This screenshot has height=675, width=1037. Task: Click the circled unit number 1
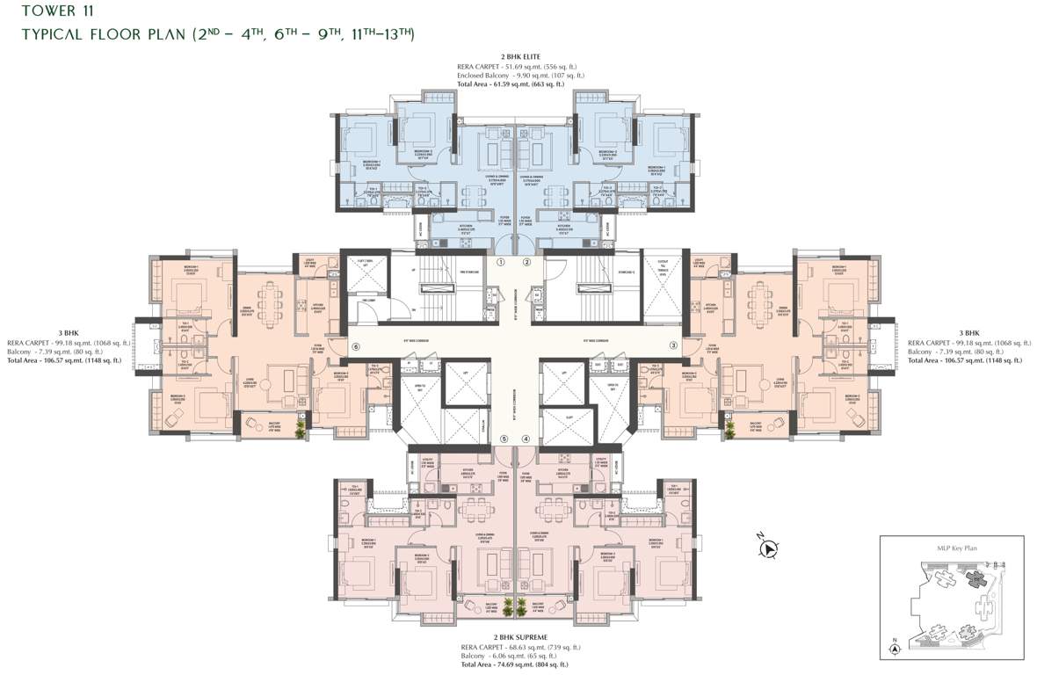[500, 262]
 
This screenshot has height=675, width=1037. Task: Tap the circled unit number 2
[527, 262]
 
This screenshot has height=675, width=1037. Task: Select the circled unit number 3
[674, 346]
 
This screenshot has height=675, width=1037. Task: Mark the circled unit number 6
[356, 346]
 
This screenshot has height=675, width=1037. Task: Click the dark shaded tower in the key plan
[974, 577]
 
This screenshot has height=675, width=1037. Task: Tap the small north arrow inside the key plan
[895, 648]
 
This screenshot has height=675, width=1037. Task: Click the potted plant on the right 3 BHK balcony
[729, 428]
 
